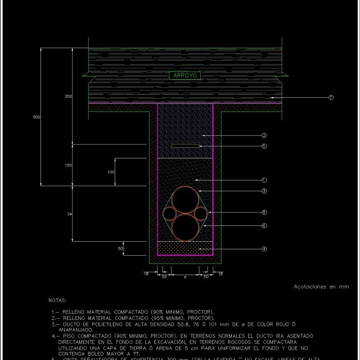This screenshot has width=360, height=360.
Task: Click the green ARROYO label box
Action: [x=185, y=76]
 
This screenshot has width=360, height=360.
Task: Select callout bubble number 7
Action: [x=331, y=98]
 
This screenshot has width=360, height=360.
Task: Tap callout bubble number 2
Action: [x=264, y=135]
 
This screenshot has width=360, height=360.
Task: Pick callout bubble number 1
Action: [x=264, y=180]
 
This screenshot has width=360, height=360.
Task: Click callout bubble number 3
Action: [x=264, y=191]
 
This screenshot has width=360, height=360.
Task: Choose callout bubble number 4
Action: [x=264, y=248]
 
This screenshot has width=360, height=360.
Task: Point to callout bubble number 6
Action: [x=264, y=225]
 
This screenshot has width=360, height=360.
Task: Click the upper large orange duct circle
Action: [x=185, y=199]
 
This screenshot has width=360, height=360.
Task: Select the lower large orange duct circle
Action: [x=185, y=227]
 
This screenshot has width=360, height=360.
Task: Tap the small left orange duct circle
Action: [x=170, y=212]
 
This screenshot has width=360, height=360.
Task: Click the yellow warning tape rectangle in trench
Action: [x=185, y=146]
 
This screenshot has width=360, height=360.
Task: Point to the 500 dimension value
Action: [x=37, y=117]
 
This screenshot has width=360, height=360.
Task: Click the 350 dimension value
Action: [x=68, y=97]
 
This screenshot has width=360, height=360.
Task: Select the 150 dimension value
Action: [x=68, y=166]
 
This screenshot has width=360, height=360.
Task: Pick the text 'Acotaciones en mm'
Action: [x=321, y=286]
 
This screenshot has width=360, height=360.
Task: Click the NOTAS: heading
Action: [x=57, y=300]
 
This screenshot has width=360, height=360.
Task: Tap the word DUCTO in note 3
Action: [x=72, y=324]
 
